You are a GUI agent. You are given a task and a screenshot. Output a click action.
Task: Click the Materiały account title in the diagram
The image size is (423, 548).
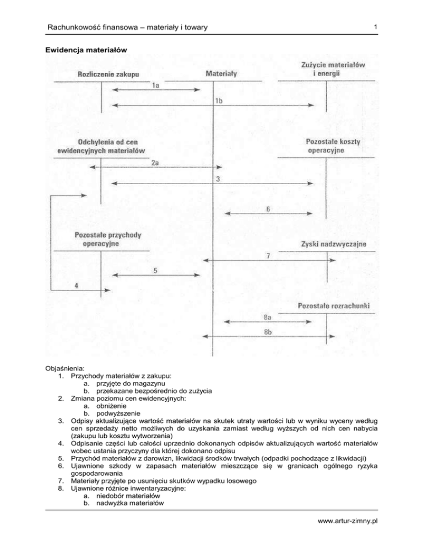pyautogui.click(x=213, y=72)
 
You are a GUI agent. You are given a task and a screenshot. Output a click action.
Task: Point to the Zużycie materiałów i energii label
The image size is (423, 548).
pyautogui.click(x=329, y=69)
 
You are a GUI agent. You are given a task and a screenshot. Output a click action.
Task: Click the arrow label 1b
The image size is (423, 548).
pyautogui.click(x=219, y=99)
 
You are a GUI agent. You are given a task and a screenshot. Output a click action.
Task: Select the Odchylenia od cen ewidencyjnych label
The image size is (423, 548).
pyautogui.click(x=101, y=146)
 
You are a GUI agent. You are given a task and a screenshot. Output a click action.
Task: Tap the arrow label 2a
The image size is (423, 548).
pyautogui.click(x=156, y=163)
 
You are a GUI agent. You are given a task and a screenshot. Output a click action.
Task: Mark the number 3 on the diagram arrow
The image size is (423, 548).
pyautogui.click(x=218, y=179)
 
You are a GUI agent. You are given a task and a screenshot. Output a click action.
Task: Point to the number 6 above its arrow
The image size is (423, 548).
pyautogui.click(x=268, y=209)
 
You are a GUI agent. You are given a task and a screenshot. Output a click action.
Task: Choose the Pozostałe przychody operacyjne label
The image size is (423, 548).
pyautogui.click(x=107, y=239)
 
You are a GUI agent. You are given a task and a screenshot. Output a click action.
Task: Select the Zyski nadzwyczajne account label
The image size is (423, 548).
pyautogui.click(x=334, y=244)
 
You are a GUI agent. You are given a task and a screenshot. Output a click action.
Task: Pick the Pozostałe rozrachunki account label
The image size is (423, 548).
pyautogui.click(x=333, y=305)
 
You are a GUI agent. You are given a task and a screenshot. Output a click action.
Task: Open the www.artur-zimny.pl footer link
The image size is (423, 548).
pyautogui.click(x=377, y=533)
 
